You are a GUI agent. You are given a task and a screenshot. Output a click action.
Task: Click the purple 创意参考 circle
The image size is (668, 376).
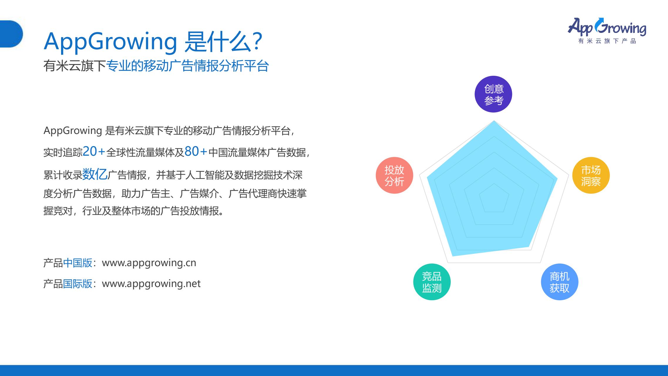coord(493,94)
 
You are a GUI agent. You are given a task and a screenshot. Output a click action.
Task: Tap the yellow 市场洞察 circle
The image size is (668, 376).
coord(591,175)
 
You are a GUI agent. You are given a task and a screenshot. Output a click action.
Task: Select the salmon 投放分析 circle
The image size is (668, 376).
coord(394,175)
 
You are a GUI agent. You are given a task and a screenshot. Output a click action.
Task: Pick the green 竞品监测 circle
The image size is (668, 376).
coord(432,282)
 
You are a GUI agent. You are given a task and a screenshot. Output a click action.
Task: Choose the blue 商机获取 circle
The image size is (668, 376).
coord(559,282)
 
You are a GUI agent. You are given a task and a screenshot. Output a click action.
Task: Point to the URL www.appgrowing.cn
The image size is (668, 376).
coord(149,263)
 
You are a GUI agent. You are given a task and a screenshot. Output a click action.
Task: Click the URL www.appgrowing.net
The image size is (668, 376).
coord(151,284)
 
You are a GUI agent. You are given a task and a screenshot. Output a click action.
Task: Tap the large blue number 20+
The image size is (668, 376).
coord(94,152)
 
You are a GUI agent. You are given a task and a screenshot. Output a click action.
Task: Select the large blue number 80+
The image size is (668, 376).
coord(196,152)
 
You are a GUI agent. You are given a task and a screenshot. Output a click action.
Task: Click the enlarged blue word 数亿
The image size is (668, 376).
coord(95,174)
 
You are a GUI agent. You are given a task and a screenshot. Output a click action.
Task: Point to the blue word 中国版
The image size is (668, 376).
coord(78,263)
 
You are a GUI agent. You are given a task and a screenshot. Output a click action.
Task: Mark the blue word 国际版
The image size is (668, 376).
coord(78,284)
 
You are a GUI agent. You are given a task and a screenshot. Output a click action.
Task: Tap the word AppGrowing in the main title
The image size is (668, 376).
coord(110,42)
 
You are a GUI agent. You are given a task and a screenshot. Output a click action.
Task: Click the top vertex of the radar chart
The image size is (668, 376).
coord(494,121)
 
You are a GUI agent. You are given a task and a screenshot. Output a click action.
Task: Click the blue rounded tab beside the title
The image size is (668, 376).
coord(11,34)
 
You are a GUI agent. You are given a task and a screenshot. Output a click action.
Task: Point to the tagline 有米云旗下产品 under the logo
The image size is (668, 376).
coord(607,41)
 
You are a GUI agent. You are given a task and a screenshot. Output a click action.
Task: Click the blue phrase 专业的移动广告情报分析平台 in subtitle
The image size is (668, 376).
coord(187,66)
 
